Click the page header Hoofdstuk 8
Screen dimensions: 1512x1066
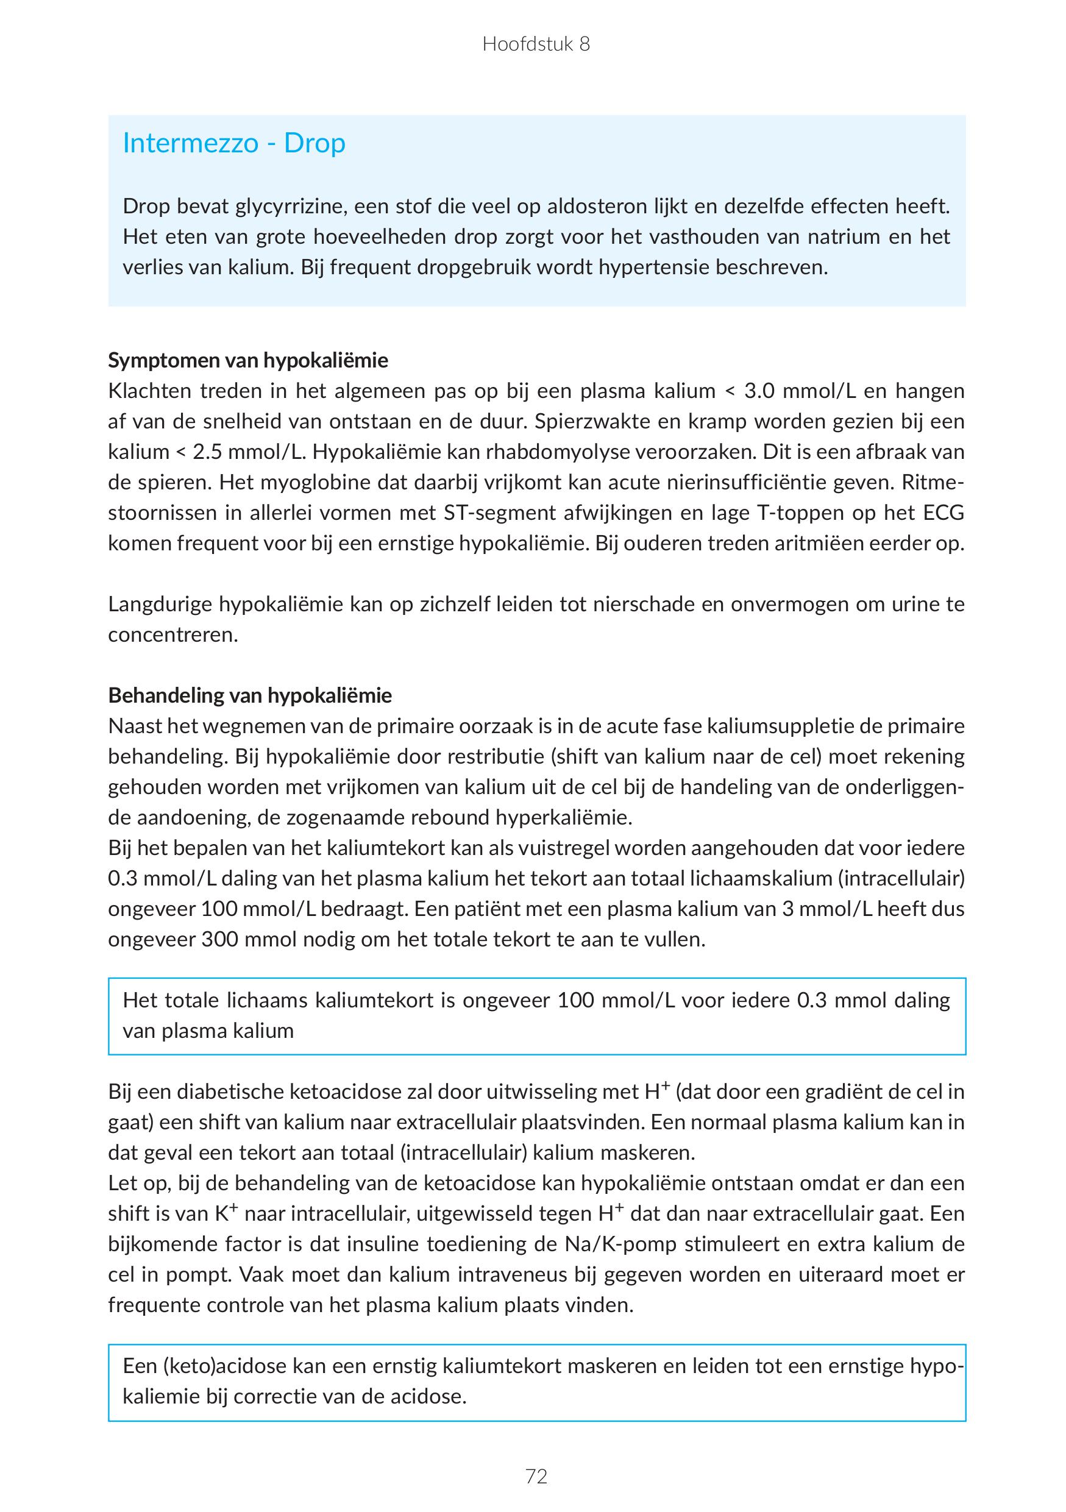point(536,44)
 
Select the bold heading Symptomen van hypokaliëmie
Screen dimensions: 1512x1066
point(248,360)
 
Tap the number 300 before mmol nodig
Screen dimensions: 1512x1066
point(220,940)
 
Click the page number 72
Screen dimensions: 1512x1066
point(536,1477)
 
